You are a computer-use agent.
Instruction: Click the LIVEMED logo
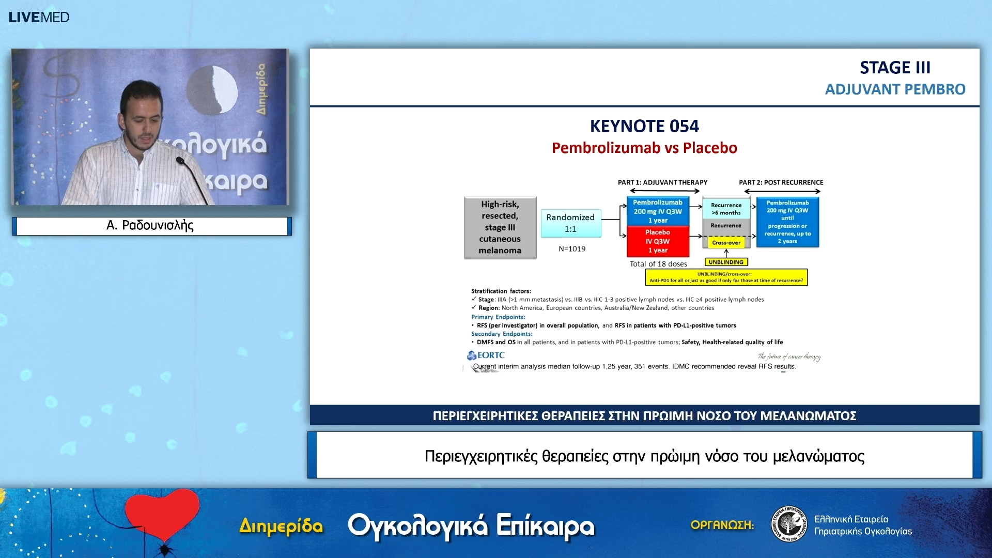pos(39,17)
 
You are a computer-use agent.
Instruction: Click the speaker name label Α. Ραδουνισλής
pos(150,226)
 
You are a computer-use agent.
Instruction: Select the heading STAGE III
pos(895,67)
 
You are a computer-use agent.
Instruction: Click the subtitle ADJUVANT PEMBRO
pos(895,89)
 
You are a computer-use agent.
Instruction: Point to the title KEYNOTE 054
pos(644,126)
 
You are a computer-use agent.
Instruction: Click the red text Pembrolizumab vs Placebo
pos(644,148)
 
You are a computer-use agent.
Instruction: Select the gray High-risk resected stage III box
pos(500,227)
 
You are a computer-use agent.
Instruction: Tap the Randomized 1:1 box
pos(570,223)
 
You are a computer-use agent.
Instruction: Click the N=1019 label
pos(572,249)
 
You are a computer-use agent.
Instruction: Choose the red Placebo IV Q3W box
pos(658,241)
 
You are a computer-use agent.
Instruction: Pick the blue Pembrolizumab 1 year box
pos(658,211)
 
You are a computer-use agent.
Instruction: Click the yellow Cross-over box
pos(726,242)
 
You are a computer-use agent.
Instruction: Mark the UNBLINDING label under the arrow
pos(726,262)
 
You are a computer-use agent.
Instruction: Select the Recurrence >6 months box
pos(726,209)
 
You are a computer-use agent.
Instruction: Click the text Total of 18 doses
pos(658,264)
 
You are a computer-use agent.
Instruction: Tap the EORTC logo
pos(486,355)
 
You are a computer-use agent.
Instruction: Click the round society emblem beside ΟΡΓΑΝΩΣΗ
pos(788,524)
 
